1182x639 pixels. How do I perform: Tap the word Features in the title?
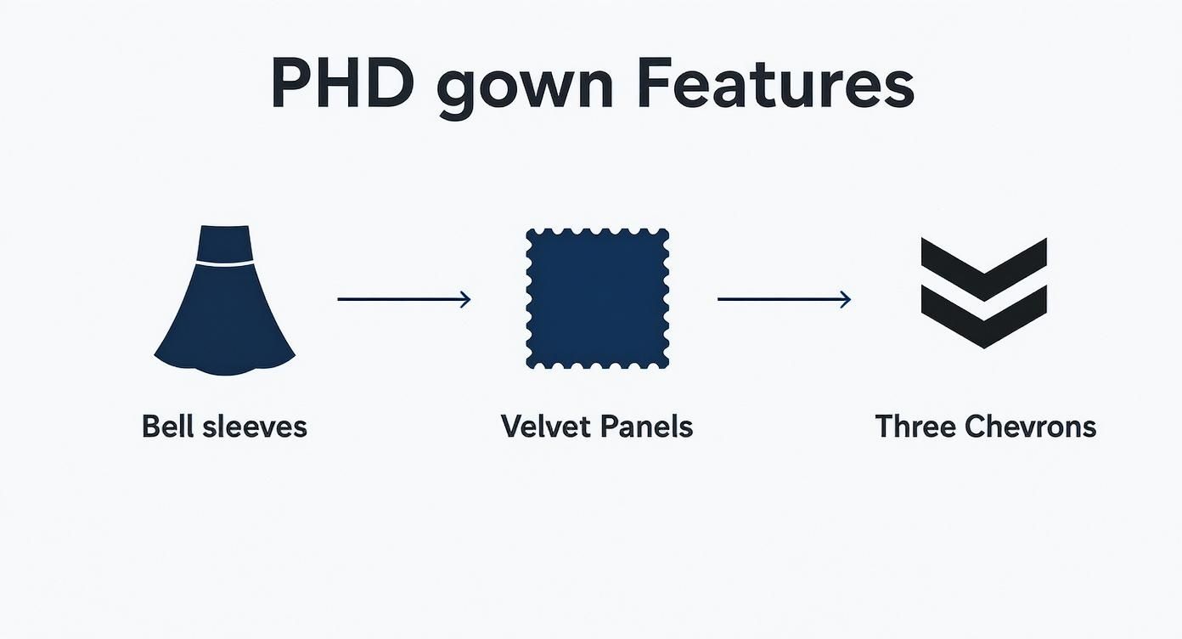pyautogui.click(x=775, y=83)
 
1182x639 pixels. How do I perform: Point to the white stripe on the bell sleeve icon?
pyautogui.click(x=224, y=264)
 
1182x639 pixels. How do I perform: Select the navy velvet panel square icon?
pyautogui.click(x=597, y=298)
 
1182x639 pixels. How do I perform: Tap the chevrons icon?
pyautogui.click(x=983, y=293)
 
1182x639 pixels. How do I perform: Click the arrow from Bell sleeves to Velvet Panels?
pyautogui.click(x=403, y=299)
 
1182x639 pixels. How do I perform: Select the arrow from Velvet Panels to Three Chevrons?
pyautogui.click(x=783, y=299)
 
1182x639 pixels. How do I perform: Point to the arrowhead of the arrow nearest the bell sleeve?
pyautogui.click(x=464, y=299)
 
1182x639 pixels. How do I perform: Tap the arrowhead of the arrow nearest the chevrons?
pyautogui.click(x=845, y=299)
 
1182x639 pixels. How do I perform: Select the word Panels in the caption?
pyautogui.click(x=647, y=426)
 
